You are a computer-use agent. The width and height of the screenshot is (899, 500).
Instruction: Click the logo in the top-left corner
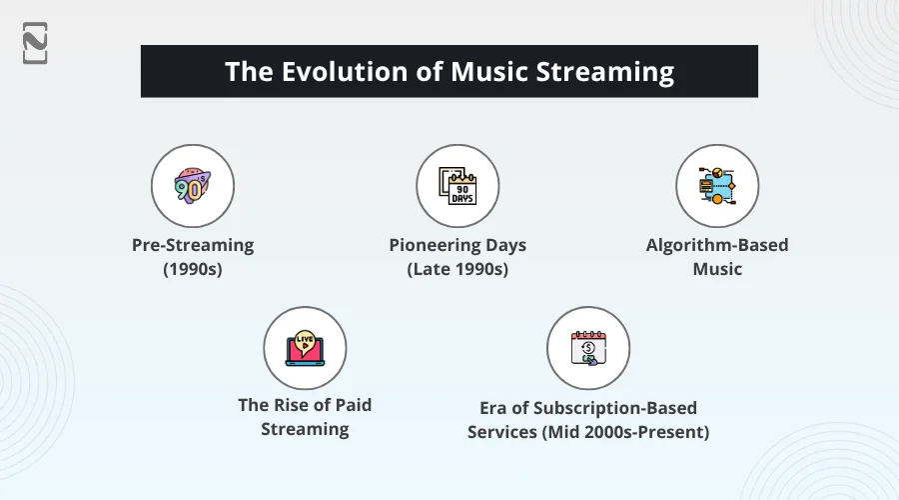(35, 43)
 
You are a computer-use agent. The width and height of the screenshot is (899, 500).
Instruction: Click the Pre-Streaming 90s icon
(193, 186)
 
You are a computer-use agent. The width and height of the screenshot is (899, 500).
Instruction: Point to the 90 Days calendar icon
(457, 186)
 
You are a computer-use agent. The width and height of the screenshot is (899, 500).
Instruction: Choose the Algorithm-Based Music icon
(717, 186)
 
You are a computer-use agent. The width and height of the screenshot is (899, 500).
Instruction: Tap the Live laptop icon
(305, 348)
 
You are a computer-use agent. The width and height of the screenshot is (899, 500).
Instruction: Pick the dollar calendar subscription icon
(587, 349)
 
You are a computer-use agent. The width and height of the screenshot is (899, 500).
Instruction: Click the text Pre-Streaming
(193, 245)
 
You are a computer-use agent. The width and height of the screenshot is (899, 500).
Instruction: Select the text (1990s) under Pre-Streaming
(193, 269)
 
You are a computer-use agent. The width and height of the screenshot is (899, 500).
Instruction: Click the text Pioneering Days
(457, 245)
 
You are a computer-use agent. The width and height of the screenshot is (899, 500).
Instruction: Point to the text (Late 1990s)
(457, 269)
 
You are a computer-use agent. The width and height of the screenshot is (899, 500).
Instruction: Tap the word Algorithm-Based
(717, 245)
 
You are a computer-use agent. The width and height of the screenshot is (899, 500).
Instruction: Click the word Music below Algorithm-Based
(717, 269)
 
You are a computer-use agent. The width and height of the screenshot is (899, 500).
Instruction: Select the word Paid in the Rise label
(351, 405)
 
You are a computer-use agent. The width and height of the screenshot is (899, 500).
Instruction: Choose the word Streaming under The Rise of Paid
(305, 429)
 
